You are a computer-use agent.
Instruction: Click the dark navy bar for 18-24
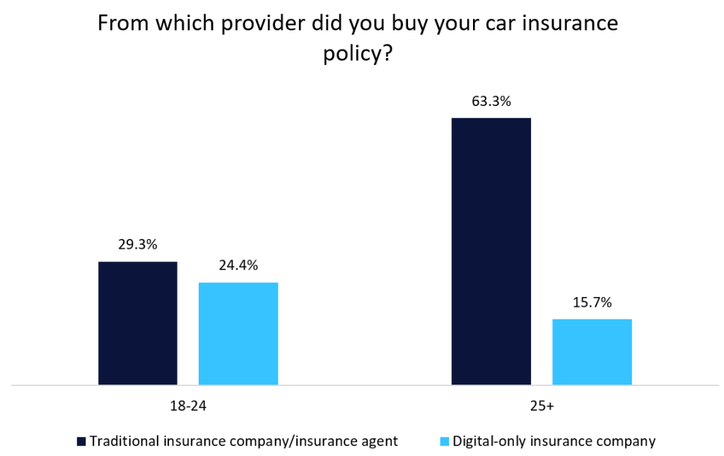click(137, 323)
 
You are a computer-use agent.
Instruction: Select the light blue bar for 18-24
click(238, 334)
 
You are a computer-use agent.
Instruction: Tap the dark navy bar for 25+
click(491, 251)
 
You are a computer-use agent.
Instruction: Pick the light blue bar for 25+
click(592, 352)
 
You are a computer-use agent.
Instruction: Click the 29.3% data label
click(137, 245)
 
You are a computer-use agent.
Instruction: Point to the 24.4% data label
click(238, 266)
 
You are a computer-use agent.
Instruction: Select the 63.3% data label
click(491, 101)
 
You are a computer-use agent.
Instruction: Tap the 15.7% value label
click(592, 303)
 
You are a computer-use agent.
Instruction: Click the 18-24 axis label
click(188, 407)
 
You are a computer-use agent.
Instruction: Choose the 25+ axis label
click(541, 407)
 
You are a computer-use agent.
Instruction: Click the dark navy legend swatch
click(81, 442)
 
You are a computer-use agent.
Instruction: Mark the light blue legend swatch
click(444, 442)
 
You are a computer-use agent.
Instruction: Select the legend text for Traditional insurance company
click(243, 441)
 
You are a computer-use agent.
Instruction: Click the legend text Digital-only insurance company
click(554, 441)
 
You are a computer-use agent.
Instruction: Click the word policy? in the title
click(357, 54)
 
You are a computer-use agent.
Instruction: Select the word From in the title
click(121, 24)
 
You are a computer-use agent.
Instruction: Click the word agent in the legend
click(380, 441)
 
